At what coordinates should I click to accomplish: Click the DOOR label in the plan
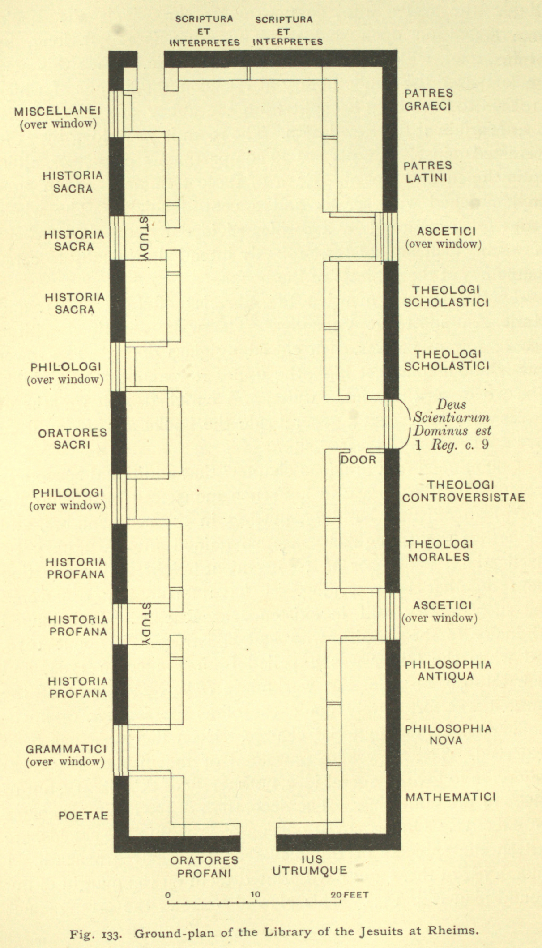tap(358, 460)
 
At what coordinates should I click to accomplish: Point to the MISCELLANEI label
tap(58, 112)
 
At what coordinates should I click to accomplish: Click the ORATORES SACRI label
tap(73, 439)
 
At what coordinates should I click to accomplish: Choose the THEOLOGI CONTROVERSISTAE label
tap(463, 491)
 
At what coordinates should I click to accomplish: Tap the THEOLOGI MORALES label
tap(439, 550)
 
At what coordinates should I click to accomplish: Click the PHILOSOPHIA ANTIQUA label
tap(448, 670)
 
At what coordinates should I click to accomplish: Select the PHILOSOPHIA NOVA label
tap(448, 734)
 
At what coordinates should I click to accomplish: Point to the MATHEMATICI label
tap(450, 797)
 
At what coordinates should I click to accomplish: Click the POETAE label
tap(84, 816)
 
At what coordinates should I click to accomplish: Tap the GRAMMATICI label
tap(66, 749)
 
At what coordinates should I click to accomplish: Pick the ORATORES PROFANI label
tap(204, 867)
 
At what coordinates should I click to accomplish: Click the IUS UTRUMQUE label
tap(310, 865)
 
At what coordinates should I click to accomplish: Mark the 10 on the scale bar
tap(255, 895)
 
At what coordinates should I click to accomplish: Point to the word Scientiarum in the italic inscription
tap(451, 418)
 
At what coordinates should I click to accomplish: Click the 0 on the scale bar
tap(168, 895)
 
